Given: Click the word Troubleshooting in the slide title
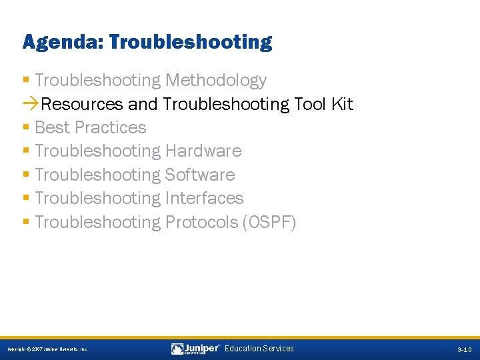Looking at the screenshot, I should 190,43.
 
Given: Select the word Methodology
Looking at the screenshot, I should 216,81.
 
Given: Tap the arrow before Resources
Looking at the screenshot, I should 31,105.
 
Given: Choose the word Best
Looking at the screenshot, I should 53,127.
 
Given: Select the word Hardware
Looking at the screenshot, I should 203,151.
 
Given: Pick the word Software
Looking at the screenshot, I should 200,175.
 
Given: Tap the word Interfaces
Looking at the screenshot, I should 204,198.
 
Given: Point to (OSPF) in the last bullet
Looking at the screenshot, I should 269,222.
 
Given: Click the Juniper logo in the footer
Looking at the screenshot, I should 195,349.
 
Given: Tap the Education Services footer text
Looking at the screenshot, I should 259,349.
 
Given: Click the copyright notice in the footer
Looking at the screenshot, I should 47,349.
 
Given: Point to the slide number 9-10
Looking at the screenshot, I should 464,349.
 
